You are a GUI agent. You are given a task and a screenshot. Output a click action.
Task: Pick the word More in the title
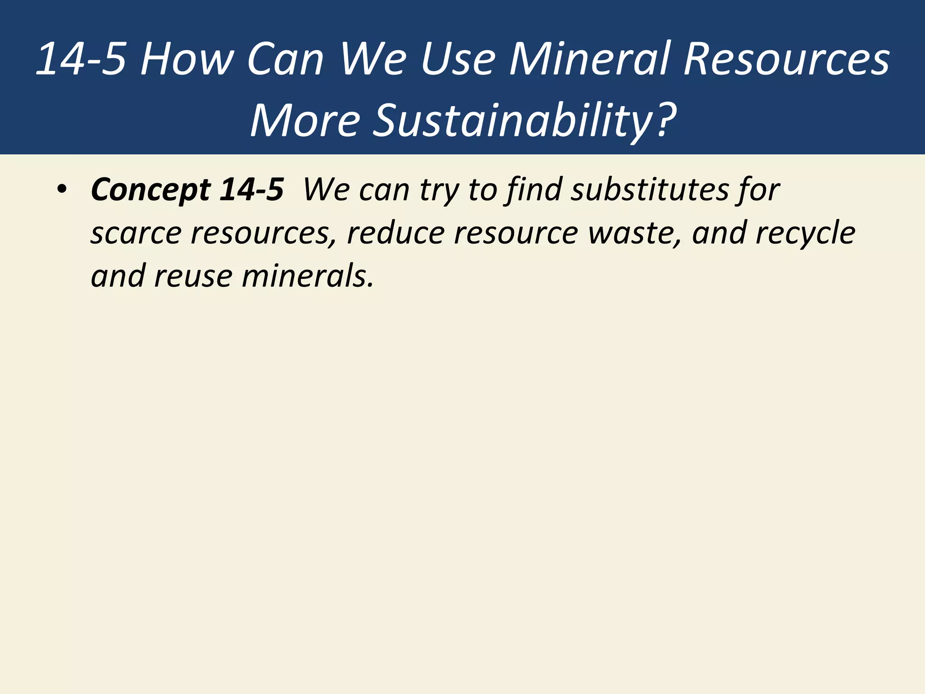pos(305,121)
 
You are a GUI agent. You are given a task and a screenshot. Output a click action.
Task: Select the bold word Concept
pos(150,190)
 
